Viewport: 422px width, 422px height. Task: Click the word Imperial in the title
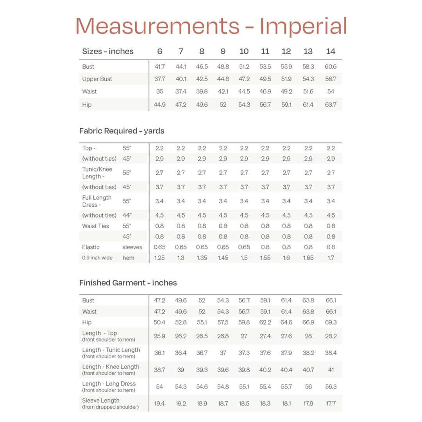click(303, 26)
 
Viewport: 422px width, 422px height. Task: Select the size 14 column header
click(331, 51)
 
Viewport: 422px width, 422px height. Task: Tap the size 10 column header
click(244, 51)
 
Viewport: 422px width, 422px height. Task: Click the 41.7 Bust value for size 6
click(159, 66)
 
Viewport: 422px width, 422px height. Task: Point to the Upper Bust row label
click(97, 79)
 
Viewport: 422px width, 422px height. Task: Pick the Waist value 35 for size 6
click(159, 91)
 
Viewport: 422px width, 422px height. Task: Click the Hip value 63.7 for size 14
click(331, 105)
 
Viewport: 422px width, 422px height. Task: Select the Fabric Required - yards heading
click(122, 131)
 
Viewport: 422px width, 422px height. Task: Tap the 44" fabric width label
click(127, 215)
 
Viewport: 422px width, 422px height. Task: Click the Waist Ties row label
click(95, 226)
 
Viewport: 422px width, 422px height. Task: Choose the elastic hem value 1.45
click(223, 258)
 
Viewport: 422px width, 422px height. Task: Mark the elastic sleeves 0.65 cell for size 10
click(244, 247)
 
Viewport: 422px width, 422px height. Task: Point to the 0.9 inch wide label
click(97, 258)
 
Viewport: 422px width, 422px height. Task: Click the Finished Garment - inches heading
click(128, 283)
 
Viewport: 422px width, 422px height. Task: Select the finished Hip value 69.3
click(331, 322)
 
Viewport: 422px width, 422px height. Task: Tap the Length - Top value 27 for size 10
click(244, 336)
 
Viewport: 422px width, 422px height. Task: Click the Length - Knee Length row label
click(111, 367)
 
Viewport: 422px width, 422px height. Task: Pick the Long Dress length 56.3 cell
click(331, 386)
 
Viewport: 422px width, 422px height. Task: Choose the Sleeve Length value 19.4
click(159, 403)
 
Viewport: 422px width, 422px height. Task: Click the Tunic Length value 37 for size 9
click(223, 353)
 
